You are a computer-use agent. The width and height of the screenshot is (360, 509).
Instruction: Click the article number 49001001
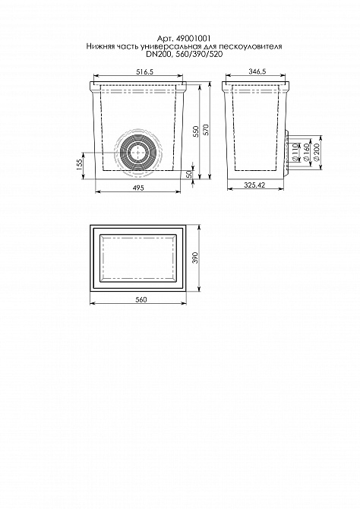(x=192, y=38)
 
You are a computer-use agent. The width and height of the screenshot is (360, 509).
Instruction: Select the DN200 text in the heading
(x=157, y=55)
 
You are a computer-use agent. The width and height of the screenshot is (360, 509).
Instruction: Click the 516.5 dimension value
(x=144, y=71)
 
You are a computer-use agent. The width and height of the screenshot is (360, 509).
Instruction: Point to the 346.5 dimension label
(x=257, y=71)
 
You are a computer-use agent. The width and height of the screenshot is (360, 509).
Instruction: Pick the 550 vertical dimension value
(x=196, y=131)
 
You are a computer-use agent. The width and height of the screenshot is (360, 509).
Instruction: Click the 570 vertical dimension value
(x=207, y=129)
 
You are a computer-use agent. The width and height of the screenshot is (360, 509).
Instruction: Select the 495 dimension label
(x=138, y=188)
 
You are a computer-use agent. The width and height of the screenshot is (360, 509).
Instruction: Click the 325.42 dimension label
(x=254, y=185)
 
